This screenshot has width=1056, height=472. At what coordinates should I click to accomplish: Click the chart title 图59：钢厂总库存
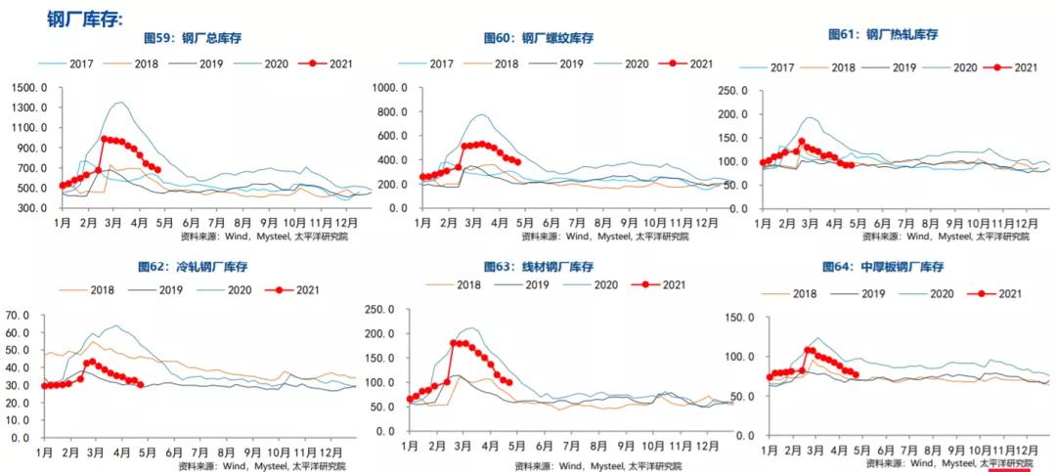tap(193, 38)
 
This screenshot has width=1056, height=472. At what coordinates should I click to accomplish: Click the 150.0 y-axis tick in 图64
tap(738, 318)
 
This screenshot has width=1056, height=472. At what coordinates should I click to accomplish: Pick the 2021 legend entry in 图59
tap(338, 64)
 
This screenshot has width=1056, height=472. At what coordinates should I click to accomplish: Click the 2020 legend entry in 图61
tap(964, 67)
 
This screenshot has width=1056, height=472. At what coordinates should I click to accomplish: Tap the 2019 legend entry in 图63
tap(542, 284)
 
